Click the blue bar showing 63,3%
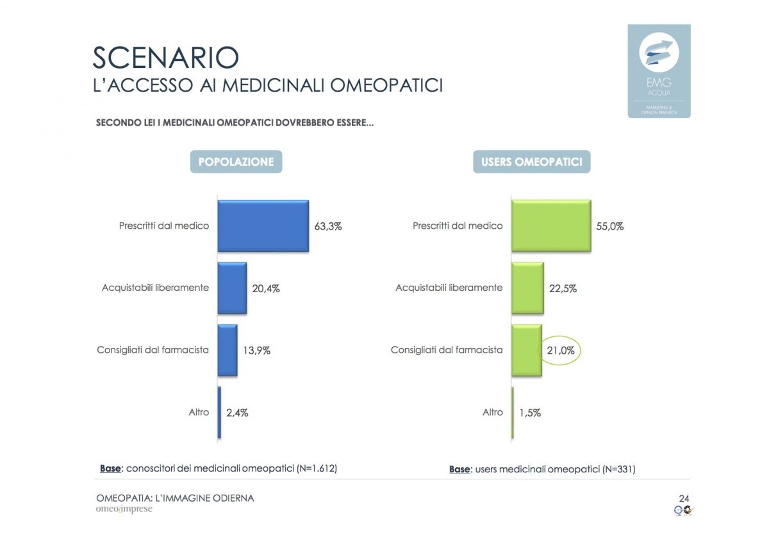point(263,226)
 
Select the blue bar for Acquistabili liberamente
point(232,288)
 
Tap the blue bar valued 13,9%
point(227,350)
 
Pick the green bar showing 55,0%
point(551,226)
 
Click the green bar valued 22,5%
point(527,288)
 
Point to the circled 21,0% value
point(558,350)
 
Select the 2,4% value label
point(237,413)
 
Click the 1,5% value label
point(529,413)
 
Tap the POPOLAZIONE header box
point(236,162)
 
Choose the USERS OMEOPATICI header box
point(532,162)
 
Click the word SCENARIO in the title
point(166,58)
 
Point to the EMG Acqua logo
point(659,70)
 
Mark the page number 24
point(684,499)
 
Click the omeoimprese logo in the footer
point(124,509)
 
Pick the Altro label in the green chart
point(493,413)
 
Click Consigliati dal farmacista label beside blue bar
point(153,350)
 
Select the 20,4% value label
point(266,288)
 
